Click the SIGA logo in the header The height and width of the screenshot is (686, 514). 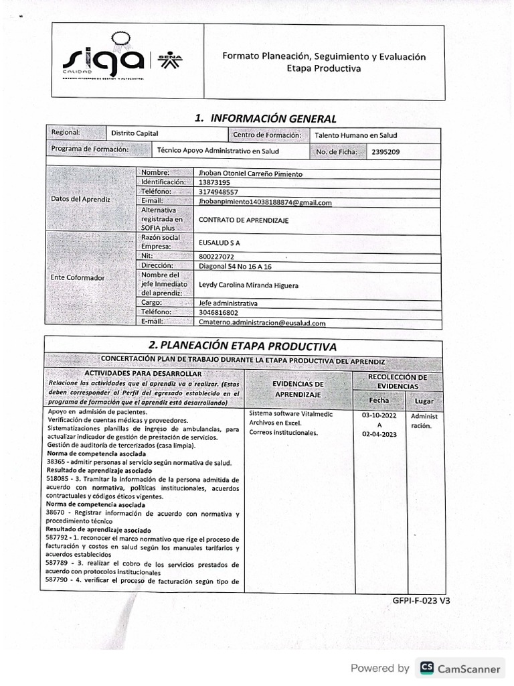pyautogui.click(x=104, y=59)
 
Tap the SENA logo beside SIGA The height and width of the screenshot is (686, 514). pyautogui.click(x=172, y=61)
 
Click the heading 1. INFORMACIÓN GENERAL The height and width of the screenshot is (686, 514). pyautogui.click(x=265, y=119)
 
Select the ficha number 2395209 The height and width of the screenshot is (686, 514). pyautogui.click(x=388, y=152)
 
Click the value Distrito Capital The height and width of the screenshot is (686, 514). pyautogui.click(x=135, y=134)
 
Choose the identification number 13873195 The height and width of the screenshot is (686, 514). pyautogui.click(x=215, y=182)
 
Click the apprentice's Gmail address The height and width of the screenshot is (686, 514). pyautogui.click(x=265, y=202)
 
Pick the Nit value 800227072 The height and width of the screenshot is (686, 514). pyautogui.click(x=217, y=257)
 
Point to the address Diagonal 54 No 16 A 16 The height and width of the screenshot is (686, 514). pyautogui.click(x=236, y=266)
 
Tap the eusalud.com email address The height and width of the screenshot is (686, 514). pyautogui.click(x=262, y=322)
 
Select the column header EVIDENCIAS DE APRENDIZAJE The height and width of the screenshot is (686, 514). pyautogui.click(x=298, y=389)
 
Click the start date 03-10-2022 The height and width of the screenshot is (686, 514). pyautogui.click(x=379, y=415)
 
